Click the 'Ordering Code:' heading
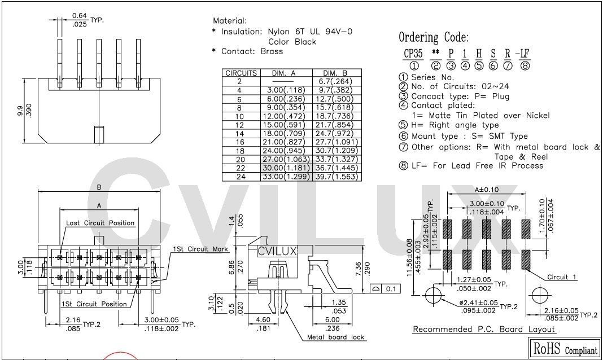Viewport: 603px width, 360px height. [433, 38]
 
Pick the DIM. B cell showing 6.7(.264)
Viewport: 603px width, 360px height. [337, 81]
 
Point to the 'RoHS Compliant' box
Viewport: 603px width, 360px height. [564, 348]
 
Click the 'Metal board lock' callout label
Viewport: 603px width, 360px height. [335, 337]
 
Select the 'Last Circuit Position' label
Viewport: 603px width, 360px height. [100, 223]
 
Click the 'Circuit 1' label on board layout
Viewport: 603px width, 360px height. [562, 277]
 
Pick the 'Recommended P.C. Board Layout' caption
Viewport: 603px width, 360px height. [484, 329]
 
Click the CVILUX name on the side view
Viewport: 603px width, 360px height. [277, 252]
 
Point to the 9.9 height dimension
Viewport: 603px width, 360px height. [21, 111]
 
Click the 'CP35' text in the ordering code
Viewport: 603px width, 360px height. [413, 54]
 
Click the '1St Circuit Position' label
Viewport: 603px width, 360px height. [95, 304]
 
